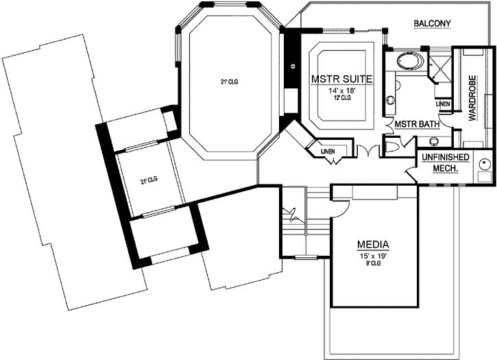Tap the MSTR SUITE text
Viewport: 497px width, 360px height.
[x=342, y=80]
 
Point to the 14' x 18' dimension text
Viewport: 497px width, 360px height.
[x=341, y=90]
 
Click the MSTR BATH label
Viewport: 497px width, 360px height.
[x=417, y=124]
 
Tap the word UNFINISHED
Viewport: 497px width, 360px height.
[x=446, y=158]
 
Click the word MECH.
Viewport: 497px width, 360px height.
[x=446, y=168]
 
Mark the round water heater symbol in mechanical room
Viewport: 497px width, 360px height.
[x=485, y=164]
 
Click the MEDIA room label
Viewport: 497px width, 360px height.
[x=374, y=244]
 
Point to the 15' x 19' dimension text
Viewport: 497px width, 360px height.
[x=374, y=255]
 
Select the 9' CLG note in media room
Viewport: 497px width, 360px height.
[x=374, y=263]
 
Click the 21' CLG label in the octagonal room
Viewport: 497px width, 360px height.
[x=229, y=82]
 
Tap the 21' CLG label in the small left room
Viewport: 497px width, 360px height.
[x=149, y=180]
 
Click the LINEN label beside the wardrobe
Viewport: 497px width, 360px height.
[x=444, y=104]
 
